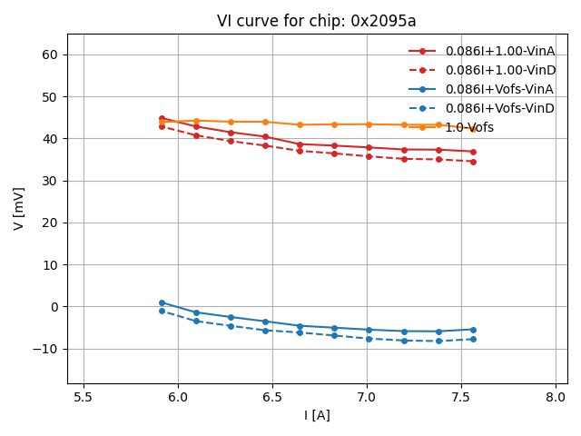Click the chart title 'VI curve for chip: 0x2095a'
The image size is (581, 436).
[316, 21]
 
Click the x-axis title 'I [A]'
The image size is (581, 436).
[316, 415]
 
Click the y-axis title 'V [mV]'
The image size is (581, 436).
[19, 208]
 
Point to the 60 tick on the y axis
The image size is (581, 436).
[49, 54]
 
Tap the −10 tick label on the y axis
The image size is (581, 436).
[45, 349]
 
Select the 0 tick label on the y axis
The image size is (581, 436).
[53, 307]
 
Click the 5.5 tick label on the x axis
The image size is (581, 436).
[84, 397]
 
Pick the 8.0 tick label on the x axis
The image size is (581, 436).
[556, 397]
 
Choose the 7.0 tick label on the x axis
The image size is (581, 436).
[367, 397]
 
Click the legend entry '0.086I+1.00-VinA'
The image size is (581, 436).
[500, 51]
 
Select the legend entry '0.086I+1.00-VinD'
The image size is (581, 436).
[500, 70]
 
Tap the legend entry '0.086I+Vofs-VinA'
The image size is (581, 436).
[499, 89]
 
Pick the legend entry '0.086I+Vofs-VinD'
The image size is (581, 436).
[499, 108]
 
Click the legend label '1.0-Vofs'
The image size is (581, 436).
[469, 127]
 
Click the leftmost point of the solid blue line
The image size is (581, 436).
[162, 302]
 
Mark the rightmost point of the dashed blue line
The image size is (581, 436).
[472, 340]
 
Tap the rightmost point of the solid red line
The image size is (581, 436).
[472, 152]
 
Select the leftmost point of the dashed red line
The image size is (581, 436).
[162, 126]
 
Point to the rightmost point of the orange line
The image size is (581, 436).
[472, 129]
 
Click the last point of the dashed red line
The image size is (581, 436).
[472, 162]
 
